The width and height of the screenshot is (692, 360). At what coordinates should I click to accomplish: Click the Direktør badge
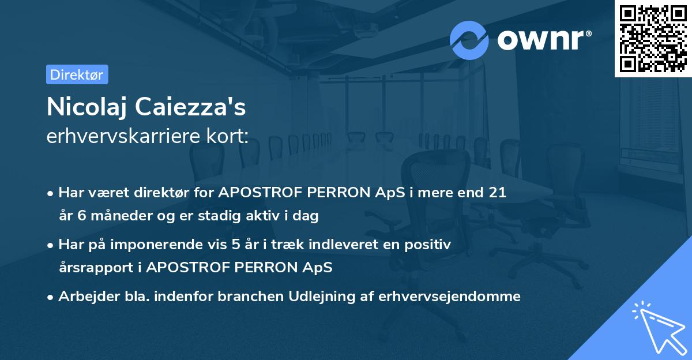click(77, 74)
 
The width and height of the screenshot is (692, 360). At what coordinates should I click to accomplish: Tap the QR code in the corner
click(652, 38)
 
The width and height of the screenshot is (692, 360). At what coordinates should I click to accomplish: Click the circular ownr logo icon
click(469, 40)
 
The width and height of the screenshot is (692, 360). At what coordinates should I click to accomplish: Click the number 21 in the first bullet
click(497, 193)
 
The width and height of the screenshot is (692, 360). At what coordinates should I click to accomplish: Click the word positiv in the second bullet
click(430, 245)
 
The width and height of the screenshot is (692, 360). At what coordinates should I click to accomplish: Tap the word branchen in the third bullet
click(251, 297)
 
